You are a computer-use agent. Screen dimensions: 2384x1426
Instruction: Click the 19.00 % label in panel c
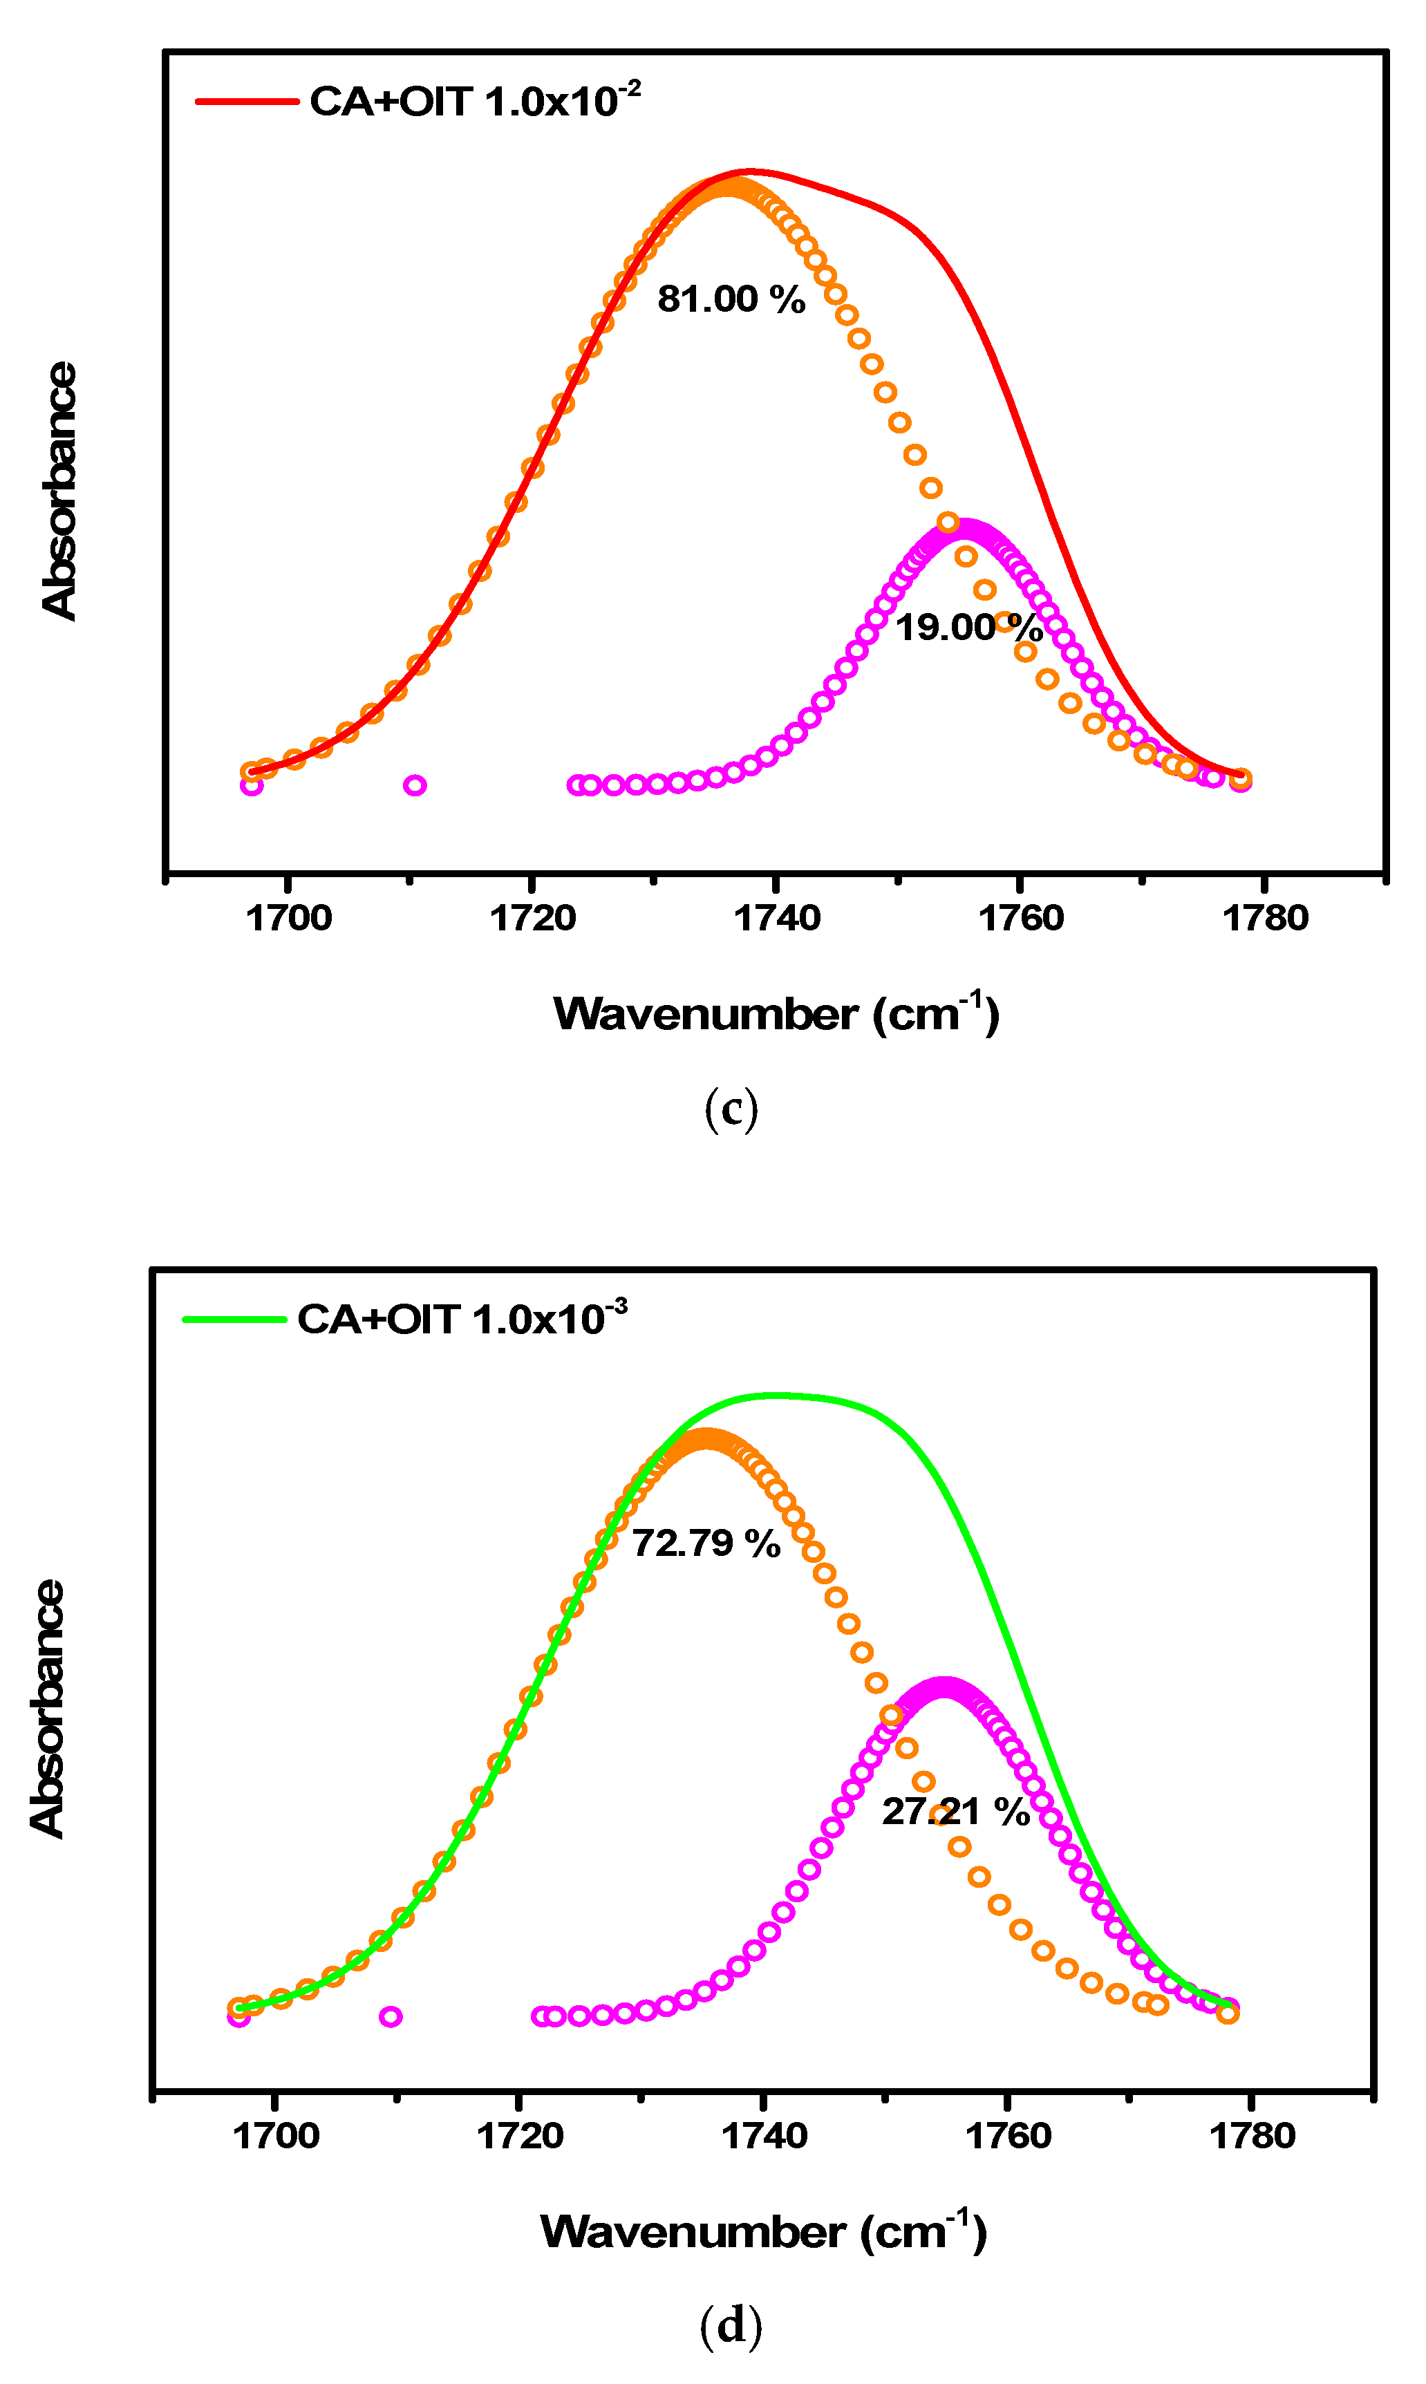click(x=968, y=628)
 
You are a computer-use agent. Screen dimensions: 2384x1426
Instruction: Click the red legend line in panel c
click(x=247, y=101)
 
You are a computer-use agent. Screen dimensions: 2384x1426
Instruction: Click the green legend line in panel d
click(x=234, y=1320)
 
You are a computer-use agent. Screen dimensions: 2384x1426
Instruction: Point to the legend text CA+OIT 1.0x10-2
click(x=475, y=101)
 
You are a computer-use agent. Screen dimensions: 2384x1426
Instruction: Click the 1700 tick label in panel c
click(x=288, y=919)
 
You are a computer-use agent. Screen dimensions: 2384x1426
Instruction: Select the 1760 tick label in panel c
click(x=1020, y=919)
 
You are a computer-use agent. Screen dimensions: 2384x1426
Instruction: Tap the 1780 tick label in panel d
click(x=1251, y=2136)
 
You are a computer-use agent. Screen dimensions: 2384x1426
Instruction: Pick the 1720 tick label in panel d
click(x=519, y=2136)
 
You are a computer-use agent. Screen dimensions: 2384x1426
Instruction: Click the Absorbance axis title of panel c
click(x=59, y=491)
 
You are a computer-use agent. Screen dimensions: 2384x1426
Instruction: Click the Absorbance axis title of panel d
click(x=47, y=1709)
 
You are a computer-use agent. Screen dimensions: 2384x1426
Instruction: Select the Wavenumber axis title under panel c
click(x=776, y=1015)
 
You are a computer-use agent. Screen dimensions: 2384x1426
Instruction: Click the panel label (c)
click(x=731, y=1110)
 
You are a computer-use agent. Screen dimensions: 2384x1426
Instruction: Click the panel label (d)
click(x=731, y=2325)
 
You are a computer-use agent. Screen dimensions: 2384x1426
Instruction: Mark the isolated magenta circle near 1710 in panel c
click(x=414, y=785)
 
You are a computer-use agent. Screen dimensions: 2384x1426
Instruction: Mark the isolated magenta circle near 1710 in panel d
click(x=390, y=2016)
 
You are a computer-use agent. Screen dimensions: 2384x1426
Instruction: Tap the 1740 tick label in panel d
click(x=764, y=2136)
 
